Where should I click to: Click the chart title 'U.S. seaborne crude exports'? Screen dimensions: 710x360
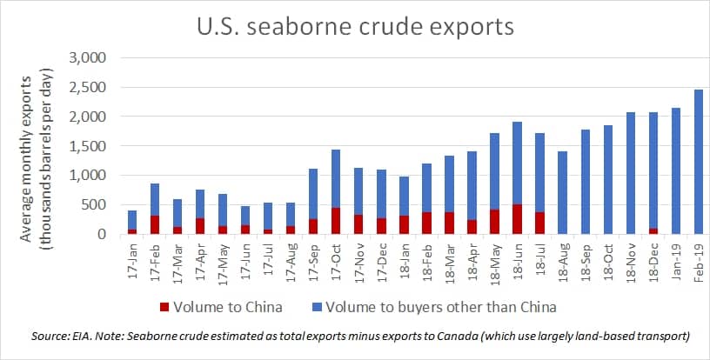click(x=356, y=27)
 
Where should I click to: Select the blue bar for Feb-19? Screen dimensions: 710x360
click(x=698, y=162)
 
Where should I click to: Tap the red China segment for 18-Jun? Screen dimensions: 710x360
click(x=517, y=219)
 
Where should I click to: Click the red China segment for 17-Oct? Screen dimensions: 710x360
click(x=336, y=221)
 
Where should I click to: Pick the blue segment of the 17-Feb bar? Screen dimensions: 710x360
click(x=154, y=199)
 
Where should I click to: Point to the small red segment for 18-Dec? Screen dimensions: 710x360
click(x=653, y=231)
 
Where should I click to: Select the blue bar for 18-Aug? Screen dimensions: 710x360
click(x=562, y=193)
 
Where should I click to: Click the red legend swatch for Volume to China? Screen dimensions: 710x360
click(x=164, y=308)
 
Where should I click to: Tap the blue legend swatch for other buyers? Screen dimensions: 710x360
click(x=317, y=308)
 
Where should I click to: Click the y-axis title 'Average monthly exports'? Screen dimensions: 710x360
click(x=27, y=159)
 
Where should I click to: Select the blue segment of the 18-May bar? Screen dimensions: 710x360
click(x=494, y=171)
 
